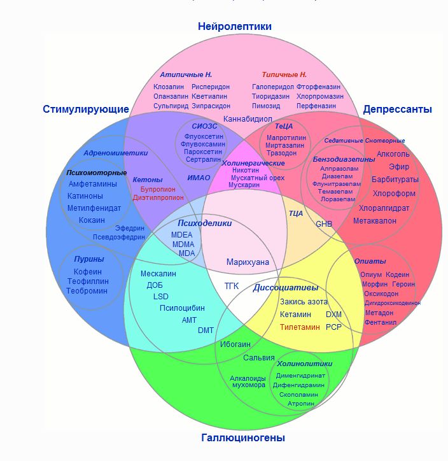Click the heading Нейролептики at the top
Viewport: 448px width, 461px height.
(x=235, y=27)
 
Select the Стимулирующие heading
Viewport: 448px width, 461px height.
(x=81, y=109)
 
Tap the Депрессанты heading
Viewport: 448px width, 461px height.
(x=397, y=109)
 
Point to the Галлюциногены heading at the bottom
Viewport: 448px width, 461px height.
(x=243, y=438)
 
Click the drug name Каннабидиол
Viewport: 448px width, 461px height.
(x=248, y=119)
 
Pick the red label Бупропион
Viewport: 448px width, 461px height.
(x=158, y=189)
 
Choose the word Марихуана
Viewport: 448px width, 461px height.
(x=248, y=262)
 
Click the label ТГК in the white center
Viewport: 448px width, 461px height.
(x=232, y=286)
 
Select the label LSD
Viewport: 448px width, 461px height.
(x=161, y=297)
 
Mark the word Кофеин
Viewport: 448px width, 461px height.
(x=87, y=272)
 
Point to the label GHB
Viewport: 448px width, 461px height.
(x=324, y=224)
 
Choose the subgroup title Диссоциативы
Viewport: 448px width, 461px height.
(x=286, y=288)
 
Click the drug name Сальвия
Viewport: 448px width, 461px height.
(x=259, y=357)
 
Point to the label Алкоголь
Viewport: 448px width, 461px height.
(x=393, y=154)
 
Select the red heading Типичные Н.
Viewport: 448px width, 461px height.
(x=284, y=74)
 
